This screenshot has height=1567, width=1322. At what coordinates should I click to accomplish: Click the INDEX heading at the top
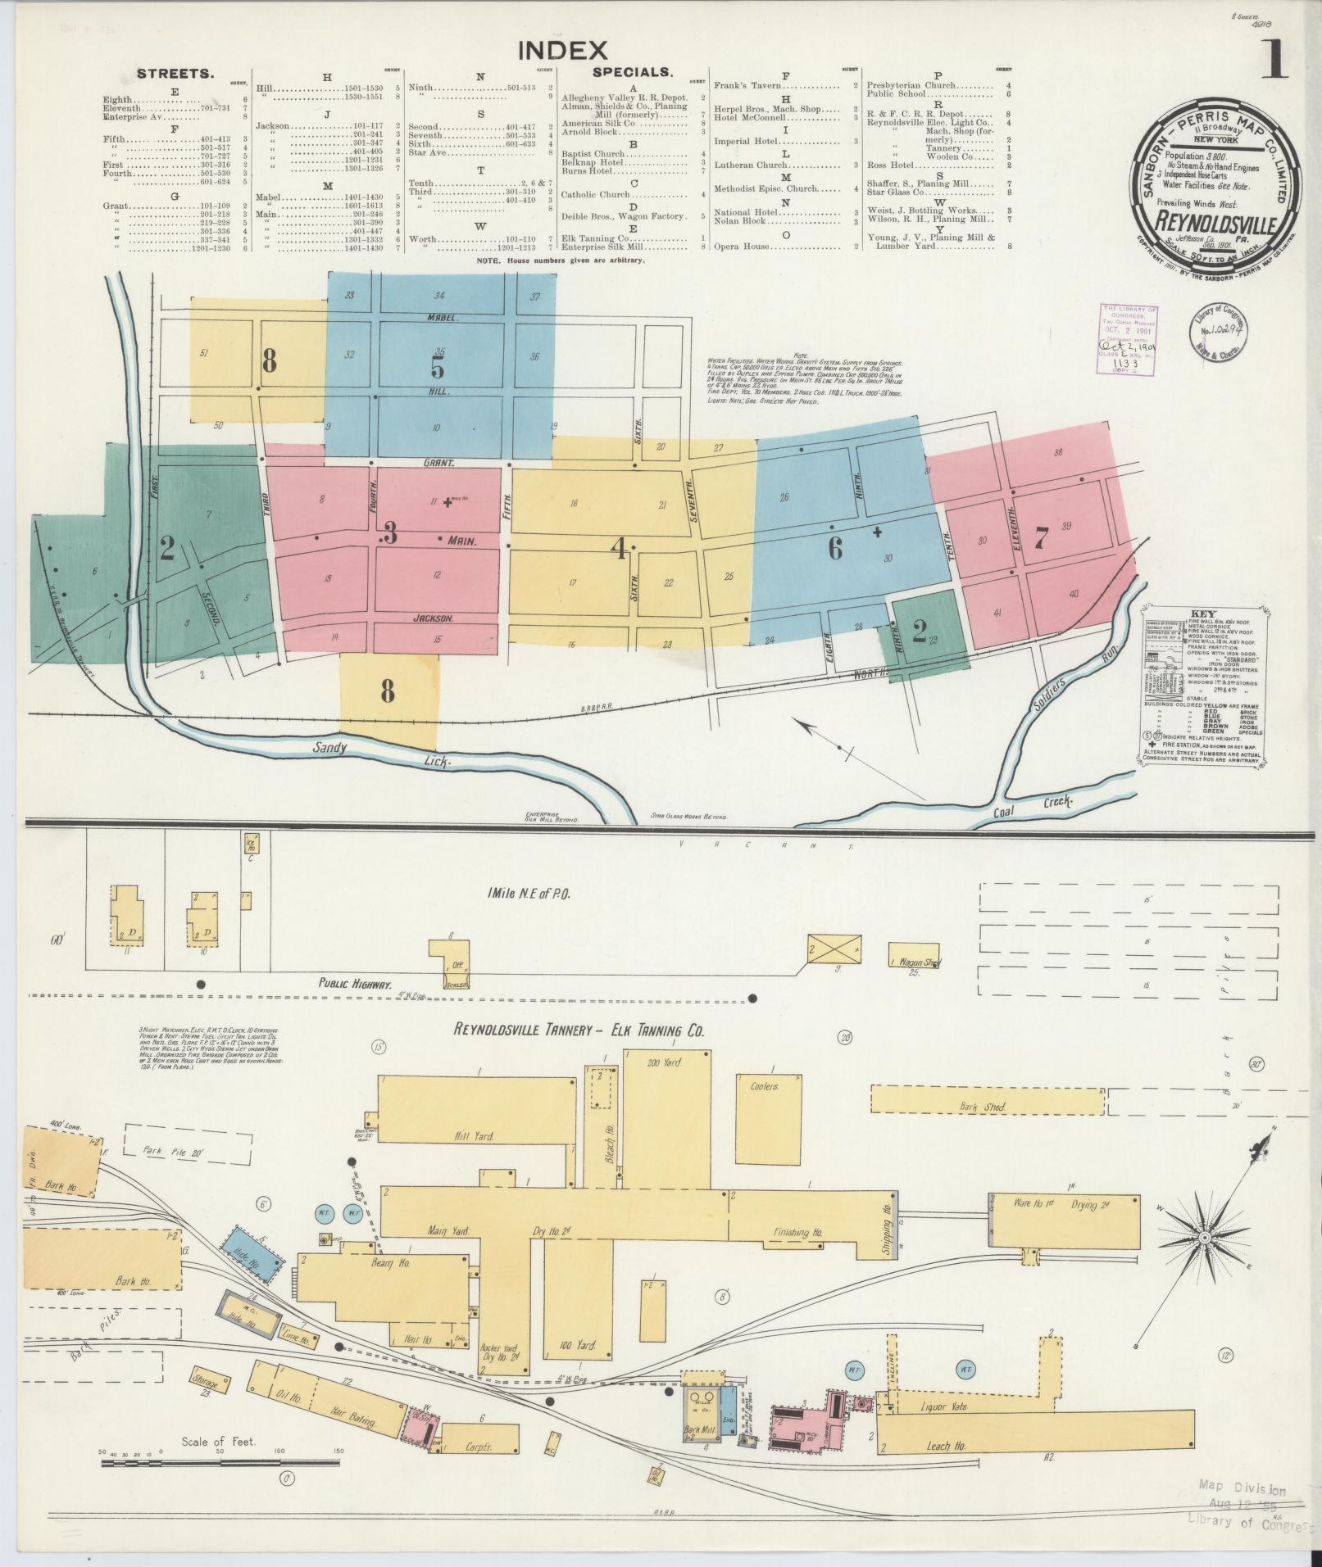(x=562, y=51)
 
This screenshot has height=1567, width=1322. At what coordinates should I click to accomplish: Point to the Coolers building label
(x=764, y=1086)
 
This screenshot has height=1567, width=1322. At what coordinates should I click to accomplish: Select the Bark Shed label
(x=982, y=1107)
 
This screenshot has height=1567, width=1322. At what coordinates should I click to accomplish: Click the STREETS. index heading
(x=175, y=74)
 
